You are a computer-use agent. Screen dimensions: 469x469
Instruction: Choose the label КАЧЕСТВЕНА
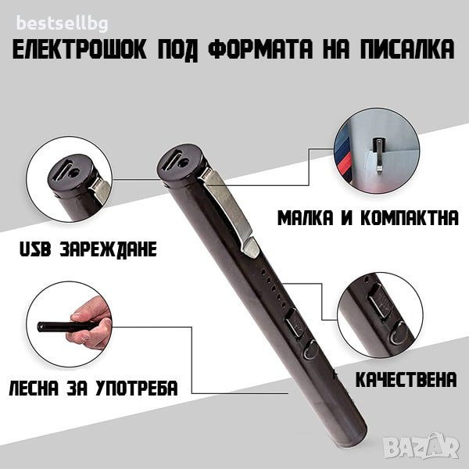coord(406,380)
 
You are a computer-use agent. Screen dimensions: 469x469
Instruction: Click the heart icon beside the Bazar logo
coord(453,446)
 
